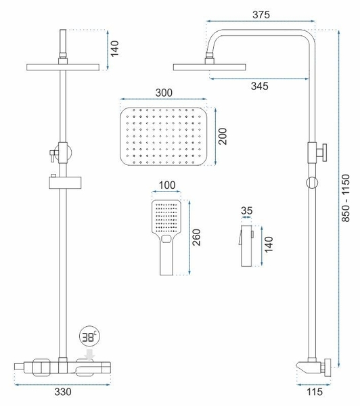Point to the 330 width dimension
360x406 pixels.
pos(62,390)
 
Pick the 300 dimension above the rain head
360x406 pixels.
pos(164,93)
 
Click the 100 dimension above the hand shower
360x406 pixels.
pos(168,185)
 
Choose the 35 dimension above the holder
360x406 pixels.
pos(248,210)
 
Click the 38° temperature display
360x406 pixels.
pos(89,336)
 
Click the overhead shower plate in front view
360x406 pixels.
pos(62,67)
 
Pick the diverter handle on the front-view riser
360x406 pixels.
pos(53,156)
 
